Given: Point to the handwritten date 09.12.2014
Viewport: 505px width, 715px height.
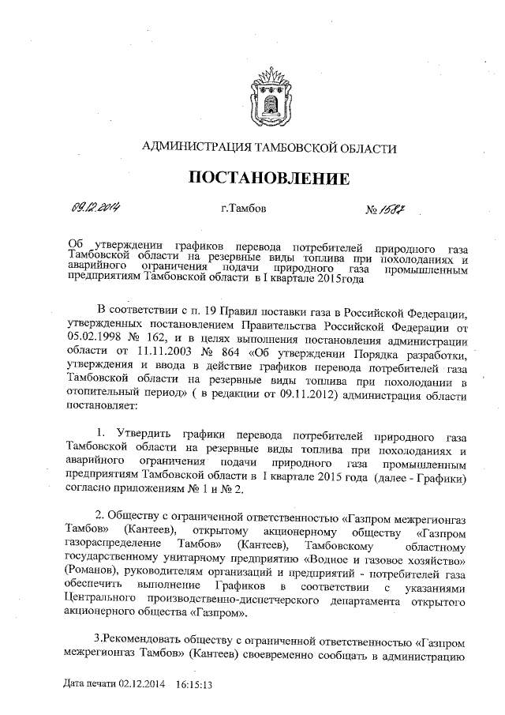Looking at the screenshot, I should click(x=93, y=208).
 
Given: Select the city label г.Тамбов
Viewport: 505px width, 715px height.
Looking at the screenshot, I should click(x=245, y=209).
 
